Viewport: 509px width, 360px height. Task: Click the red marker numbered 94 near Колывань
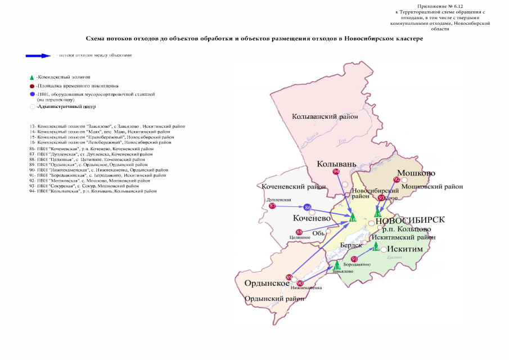click(336, 172)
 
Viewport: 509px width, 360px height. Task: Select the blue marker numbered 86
click(308, 208)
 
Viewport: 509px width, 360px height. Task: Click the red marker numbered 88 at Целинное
click(299, 232)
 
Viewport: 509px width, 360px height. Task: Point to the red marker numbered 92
click(397, 179)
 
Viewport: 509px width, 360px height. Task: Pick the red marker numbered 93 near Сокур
click(381, 197)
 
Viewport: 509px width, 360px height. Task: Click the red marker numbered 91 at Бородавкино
click(354, 259)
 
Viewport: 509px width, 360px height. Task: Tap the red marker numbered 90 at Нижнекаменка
click(300, 283)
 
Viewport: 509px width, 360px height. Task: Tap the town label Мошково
click(417, 173)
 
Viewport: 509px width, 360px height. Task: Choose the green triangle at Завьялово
click(337, 263)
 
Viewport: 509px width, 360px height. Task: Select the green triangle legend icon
click(32, 76)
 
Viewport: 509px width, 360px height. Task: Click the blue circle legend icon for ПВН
click(33, 94)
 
